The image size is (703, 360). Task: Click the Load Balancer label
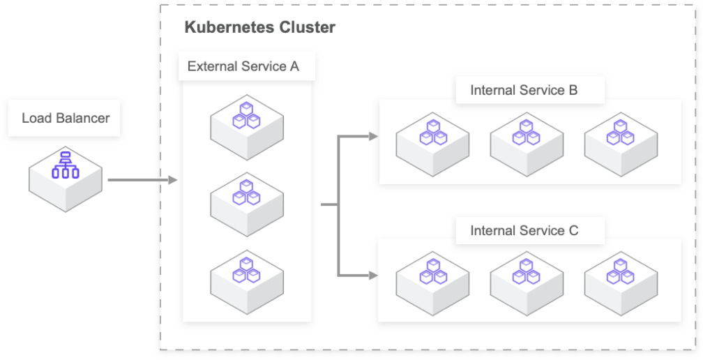coord(66,118)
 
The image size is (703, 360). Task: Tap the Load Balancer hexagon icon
coord(66,177)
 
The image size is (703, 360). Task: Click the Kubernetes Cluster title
coord(259,28)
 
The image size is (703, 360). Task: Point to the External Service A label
coord(243,67)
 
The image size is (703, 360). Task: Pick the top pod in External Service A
coord(246,124)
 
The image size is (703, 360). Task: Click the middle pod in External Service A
coord(246,199)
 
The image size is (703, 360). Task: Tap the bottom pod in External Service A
coord(246,275)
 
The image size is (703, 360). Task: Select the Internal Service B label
coord(524,90)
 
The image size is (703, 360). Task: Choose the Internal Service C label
coord(524,230)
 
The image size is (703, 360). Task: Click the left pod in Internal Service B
coord(432,142)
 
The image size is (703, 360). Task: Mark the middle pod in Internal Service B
coord(527,142)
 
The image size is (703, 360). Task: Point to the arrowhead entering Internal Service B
coord(373,136)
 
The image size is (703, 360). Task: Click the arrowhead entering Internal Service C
coord(373,275)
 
